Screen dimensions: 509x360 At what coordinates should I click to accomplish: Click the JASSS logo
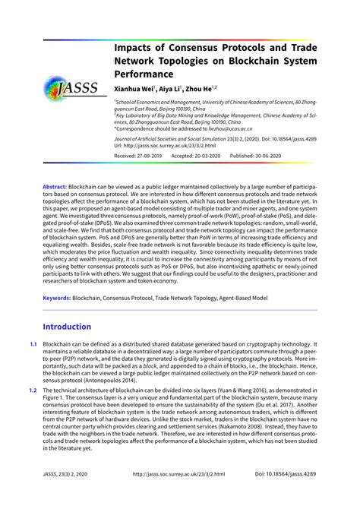click(70, 85)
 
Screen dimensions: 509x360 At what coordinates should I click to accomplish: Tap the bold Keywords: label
click(57, 299)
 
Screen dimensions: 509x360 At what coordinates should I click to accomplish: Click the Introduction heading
click(67, 327)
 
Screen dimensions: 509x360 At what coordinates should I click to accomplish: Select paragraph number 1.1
click(33, 344)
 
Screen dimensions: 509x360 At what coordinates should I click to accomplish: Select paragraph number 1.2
click(33, 389)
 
